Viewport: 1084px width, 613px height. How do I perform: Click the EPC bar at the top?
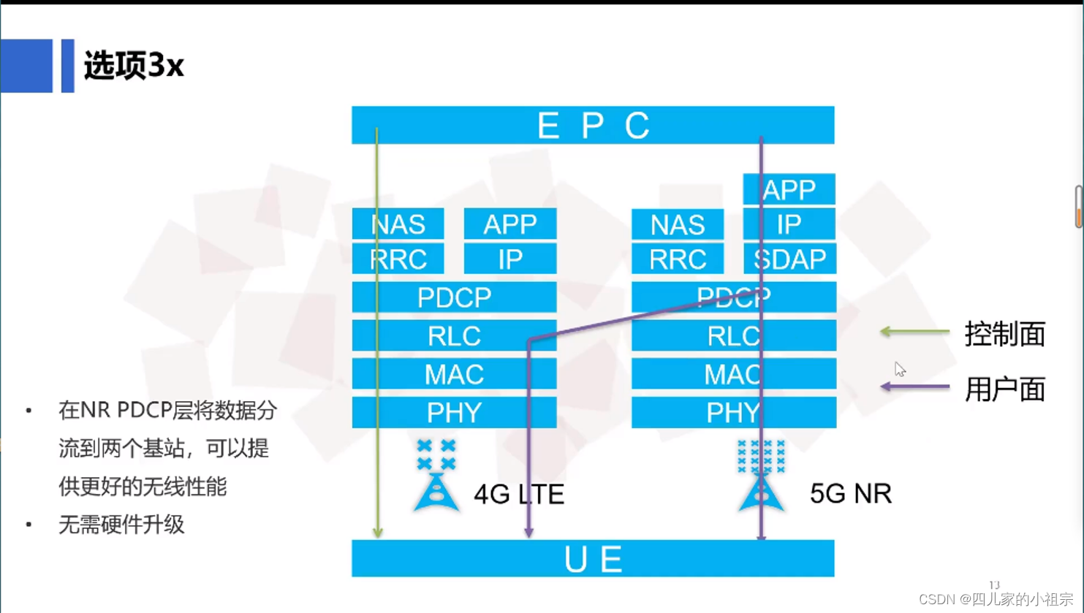[x=593, y=125]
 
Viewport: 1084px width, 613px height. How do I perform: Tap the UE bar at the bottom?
[x=593, y=559]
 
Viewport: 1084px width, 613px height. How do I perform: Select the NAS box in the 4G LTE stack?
[x=398, y=224]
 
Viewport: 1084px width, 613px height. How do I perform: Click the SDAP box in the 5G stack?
[x=789, y=259]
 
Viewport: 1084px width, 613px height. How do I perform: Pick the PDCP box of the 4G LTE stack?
[x=454, y=297]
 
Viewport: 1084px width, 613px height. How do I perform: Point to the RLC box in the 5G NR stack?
[x=733, y=336]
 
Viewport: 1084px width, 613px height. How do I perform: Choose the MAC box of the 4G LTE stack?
[x=454, y=374]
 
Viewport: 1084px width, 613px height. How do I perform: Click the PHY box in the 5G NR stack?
[x=733, y=413]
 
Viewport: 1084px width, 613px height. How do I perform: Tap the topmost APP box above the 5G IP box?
[x=789, y=190]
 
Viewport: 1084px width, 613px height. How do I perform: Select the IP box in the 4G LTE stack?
[x=510, y=259]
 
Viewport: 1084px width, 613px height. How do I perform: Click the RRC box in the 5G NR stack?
[x=678, y=259]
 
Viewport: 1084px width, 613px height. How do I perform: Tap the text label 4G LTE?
[x=519, y=495]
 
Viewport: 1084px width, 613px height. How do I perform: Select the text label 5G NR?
[x=851, y=494]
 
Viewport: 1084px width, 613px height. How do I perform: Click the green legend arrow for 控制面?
[x=914, y=332]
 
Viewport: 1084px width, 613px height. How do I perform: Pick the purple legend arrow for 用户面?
[x=914, y=387]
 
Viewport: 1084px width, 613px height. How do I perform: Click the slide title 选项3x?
[x=134, y=66]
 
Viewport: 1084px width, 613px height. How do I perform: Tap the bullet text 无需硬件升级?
[x=121, y=525]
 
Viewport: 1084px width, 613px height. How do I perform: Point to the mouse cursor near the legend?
[x=900, y=369]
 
